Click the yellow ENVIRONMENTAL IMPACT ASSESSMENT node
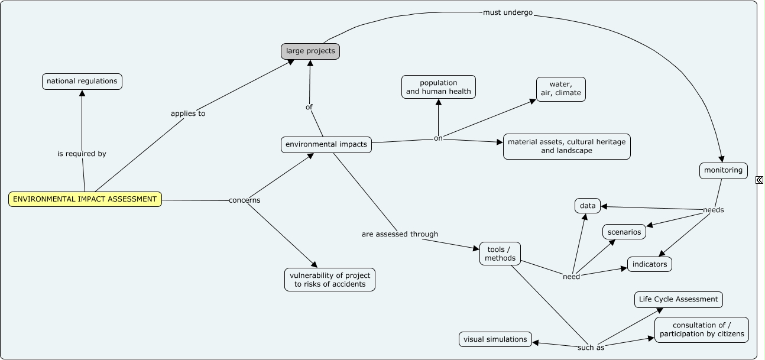click(x=85, y=199)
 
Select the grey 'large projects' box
click(x=310, y=51)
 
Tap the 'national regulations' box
click(x=82, y=81)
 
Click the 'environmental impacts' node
click(x=326, y=144)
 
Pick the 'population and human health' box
click(x=439, y=87)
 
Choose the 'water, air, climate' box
click(x=561, y=89)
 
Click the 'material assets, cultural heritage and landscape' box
click(x=567, y=146)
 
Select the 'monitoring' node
click(x=723, y=170)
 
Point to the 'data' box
click(x=588, y=206)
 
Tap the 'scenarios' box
click(x=624, y=232)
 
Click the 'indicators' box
click(x=650, y=264)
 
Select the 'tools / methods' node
click(x=500, y=254)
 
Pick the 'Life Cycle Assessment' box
click(x=678, y=300)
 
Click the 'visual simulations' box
click(x=495, y=339)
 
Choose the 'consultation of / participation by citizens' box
click(x=702, y=330)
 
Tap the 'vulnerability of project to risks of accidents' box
click(x=330, y=280)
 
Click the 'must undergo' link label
click(x=508, y=12)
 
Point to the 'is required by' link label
click(x=82, y=154)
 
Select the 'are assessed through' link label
click(x=400, y=234)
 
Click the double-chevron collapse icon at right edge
click(x=760, y=180)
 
